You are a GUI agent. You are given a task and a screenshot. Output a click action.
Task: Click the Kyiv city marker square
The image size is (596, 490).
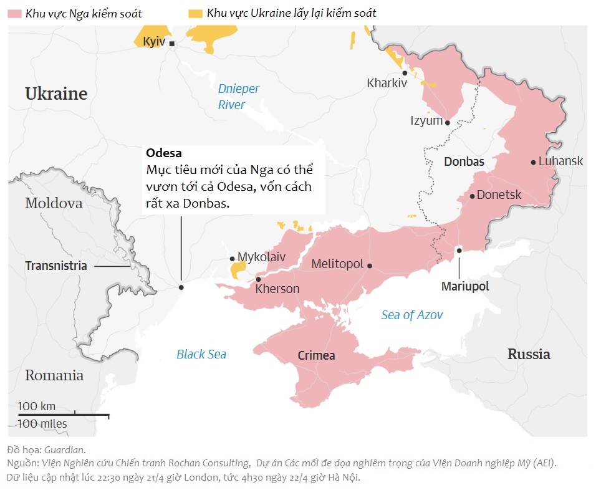click(x=172, y=44)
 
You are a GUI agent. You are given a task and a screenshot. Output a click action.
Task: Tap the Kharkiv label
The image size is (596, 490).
click(x=387, y=82)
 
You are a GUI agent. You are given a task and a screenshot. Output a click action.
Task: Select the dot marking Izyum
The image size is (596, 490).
click(x=448, y=122)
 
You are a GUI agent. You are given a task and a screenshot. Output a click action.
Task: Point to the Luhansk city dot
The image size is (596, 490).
click(x=534, y=162)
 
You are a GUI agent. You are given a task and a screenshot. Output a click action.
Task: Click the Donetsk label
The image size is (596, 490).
click(x=499, y=195)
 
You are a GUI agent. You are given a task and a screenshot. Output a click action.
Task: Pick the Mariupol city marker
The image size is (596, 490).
click(x=459, y=250)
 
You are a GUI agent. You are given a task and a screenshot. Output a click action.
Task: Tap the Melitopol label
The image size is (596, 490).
click(x=337, y=264)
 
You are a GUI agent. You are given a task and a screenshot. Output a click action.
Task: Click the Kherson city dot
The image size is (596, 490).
click(x=258, y=279)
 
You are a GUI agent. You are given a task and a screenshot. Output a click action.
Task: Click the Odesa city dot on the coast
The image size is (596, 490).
click(x=181, y=287)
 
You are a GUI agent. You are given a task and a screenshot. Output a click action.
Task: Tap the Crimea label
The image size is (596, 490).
click(x=316, y=356)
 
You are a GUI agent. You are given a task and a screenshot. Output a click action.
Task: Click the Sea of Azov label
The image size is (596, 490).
click(x=412, y=315)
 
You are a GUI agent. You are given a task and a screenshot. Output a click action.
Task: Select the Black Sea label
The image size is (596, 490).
click(x=201, y=354)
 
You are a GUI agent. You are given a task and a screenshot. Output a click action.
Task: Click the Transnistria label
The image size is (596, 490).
click(x=56, y=266)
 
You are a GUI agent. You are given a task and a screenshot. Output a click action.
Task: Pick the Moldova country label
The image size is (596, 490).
click(x=54, y=203)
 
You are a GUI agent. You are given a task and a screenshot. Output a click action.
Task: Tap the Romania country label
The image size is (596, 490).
click(x=54, y=375)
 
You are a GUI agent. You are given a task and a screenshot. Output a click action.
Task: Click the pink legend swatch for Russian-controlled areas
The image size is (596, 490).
click(x=15, y=13)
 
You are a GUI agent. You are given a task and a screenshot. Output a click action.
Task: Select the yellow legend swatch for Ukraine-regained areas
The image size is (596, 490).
click(x=196, y=13)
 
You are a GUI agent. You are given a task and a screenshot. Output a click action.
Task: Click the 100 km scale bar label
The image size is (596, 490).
click(x=37, y=406)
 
